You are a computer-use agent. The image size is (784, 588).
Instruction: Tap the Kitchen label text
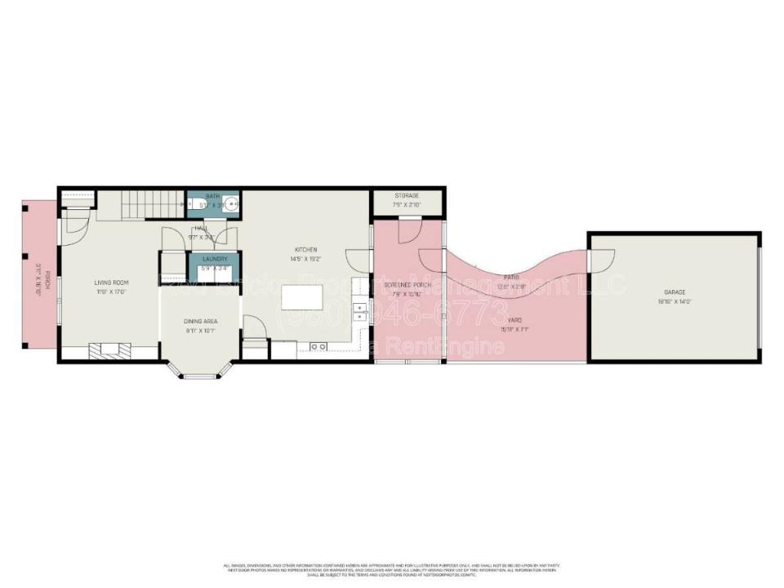coord(306,249)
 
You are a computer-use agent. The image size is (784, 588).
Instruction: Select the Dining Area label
coord(200,321)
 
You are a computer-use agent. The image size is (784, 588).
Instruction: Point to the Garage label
coord(674,292)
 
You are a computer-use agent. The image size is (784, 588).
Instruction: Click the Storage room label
coord(407,196)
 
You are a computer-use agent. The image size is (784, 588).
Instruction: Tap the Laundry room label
coord(213,259)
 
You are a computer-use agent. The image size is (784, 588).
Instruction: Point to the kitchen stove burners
coord(319,347)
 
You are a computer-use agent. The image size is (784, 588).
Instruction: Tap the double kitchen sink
coord(359,314)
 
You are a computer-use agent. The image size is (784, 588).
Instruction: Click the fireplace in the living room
coord(108,351)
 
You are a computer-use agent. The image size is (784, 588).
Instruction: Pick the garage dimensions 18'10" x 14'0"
coord(674,301)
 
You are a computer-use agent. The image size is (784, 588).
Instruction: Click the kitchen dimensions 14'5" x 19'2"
coord(306,259)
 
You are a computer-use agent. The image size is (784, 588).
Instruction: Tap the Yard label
coord(515,321)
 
